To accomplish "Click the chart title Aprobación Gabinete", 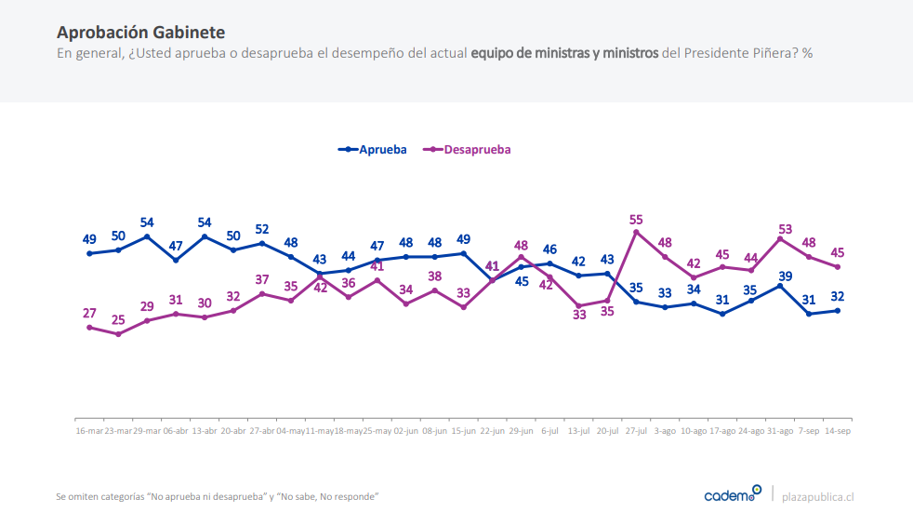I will [140, 34].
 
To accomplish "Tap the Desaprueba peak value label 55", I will [636, 220].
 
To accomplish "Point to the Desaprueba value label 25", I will [118, 320].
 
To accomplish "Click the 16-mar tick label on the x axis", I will [89, 432].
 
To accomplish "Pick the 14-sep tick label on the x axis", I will [839, 432].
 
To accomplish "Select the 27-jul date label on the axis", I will [637, 432].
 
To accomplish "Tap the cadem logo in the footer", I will [732, 495].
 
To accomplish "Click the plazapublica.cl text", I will [818, 496].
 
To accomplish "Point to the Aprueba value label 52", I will [261, 229].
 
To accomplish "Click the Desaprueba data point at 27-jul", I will [636, 232].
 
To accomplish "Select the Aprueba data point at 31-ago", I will [780, 285].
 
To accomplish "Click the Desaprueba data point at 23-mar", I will [118, 333].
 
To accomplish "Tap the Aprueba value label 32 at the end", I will [839, 297].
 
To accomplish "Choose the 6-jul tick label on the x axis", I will [550, 432].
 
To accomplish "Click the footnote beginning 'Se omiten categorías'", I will [218, 496].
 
